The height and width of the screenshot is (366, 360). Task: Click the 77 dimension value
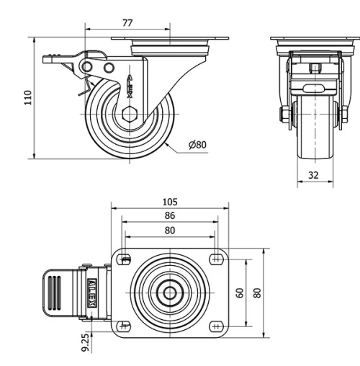[x=127, y=23]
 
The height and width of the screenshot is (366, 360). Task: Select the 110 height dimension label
[x=28, y=97]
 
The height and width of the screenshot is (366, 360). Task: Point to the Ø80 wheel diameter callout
[x=197, y=145]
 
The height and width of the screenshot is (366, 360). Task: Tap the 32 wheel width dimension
[x=315, y=174]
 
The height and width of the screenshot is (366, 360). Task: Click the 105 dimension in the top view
[x=170, y=202]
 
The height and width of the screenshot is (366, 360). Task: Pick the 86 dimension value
[x=170, y=215]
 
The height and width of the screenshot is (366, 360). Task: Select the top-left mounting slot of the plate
[x=125, y=258]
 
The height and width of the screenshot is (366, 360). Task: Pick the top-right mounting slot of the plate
[x=217, y=258]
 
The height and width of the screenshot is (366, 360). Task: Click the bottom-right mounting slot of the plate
[x=217, y=325]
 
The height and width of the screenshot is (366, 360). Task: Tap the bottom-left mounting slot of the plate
[x=125, y=325]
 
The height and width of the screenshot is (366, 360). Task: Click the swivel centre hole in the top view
[x=170, y=292]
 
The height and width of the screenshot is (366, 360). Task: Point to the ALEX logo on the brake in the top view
[x=93, y=292]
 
